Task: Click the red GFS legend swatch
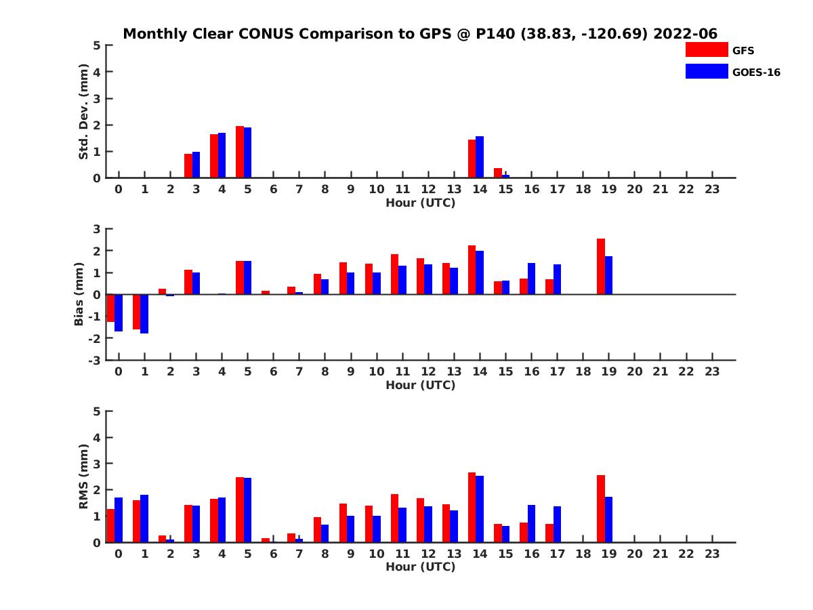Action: [706, 49]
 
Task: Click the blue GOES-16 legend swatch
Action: [706, 71]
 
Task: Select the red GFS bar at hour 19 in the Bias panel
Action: [600, 266]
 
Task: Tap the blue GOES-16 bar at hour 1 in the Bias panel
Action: [144, 314]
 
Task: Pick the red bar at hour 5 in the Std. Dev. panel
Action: [240, 152]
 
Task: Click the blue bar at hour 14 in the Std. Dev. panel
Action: [480, 157]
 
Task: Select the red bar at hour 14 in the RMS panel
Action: [472, 507]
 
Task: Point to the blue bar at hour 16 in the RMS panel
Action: [531, 523]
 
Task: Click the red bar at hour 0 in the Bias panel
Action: [110, 308]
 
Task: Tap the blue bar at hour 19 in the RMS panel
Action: [608, 519]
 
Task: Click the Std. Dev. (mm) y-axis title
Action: [84, 112]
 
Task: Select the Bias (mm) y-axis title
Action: [79, 293]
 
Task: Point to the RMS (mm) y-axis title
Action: [84, 476]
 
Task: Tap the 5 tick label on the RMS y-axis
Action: [97, 411]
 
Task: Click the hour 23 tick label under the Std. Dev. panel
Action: [711, 189]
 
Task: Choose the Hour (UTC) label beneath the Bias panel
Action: [420, 385]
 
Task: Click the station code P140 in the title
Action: [495, 34]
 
